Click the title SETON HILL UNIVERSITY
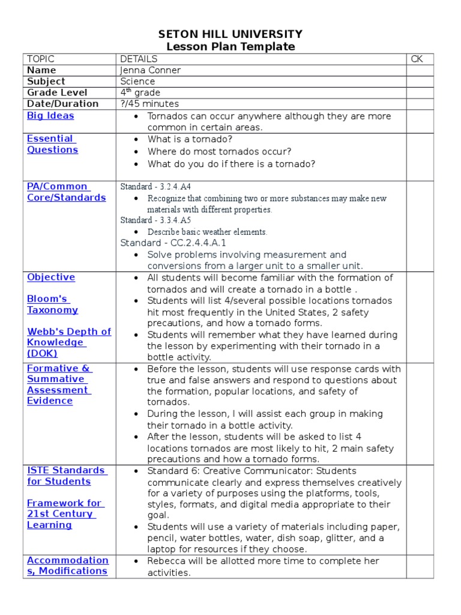tap(230, 34)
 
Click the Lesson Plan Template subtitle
tap(230, 47)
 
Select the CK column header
tap(417, 59)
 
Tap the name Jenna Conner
tap(150, 70)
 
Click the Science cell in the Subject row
tap(137, 81)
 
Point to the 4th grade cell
tap(140, 92)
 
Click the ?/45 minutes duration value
tap(149, 103)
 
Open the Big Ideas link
tap(50, 115)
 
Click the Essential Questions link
tap(52, 144)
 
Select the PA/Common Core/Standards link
tap(66, 192)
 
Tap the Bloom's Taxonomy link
tap(52, 304)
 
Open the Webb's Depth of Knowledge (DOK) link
tap(68, 342)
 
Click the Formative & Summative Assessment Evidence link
tap(58, 384)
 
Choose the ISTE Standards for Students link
tap(65, 476)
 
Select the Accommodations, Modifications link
tap(67, 566)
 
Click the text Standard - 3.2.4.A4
tap(155, 187)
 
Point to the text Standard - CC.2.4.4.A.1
tap(173, 243)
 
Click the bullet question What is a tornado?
tap(190, 139)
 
